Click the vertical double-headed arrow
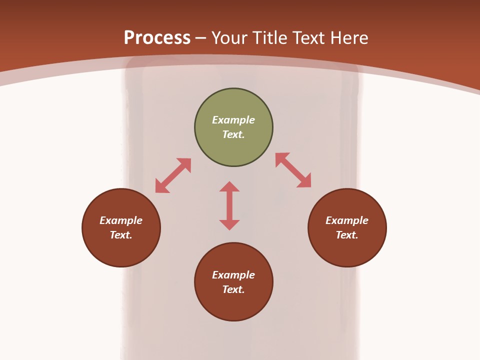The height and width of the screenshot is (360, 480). point(229,205)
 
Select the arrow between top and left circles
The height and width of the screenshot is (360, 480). point(173,175)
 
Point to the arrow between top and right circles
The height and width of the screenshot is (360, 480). point(293,170)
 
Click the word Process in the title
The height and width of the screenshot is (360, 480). point(157,37)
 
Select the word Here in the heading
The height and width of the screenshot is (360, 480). point(348,37)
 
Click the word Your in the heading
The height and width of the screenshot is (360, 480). point(229,37)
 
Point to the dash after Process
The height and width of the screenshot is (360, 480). point(201,38)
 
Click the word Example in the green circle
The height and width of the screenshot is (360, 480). point(233,120)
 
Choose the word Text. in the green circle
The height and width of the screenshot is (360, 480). point(233,134)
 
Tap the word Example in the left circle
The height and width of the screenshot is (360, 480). point(121,220)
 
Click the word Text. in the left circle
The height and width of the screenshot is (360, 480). point(121,235)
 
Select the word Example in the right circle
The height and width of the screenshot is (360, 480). point(347,220)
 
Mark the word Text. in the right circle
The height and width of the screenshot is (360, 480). point(347,235)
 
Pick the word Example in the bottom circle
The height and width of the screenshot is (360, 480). point(233,275)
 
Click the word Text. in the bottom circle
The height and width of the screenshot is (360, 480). point(233,289)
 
